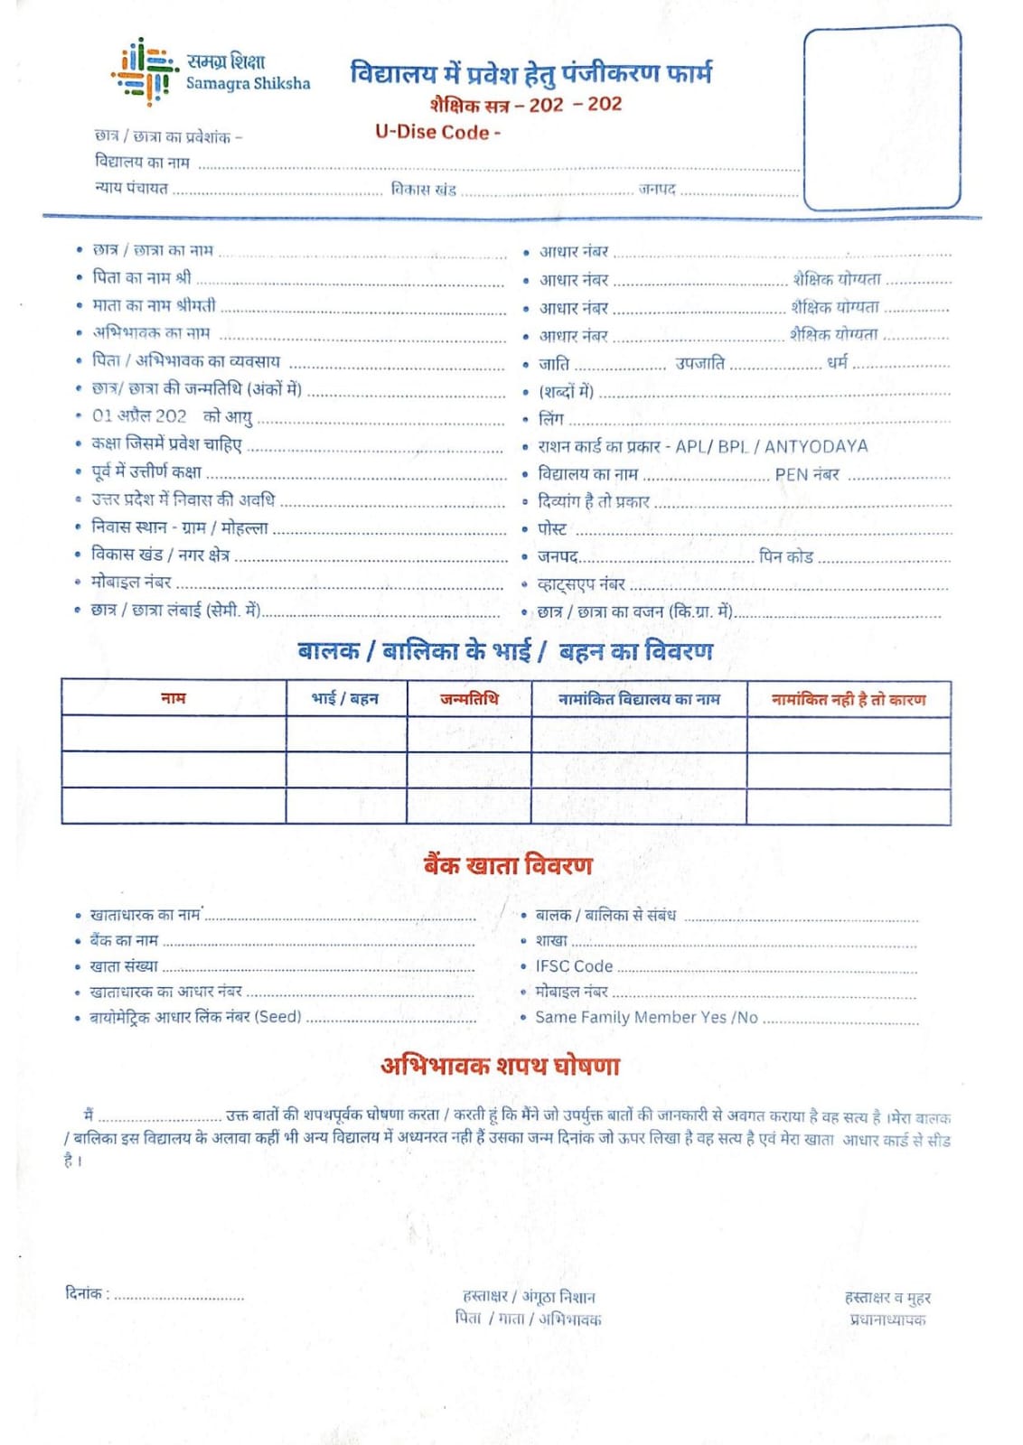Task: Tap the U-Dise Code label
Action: pos(437,132)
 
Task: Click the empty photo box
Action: pos(881,117)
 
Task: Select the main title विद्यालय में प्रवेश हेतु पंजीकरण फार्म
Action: pos(530,73)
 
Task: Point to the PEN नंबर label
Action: pos(807,474)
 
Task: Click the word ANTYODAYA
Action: pos(816,446)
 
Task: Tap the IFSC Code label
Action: pos(574,966)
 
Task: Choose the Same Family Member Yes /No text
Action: pos(646,1017)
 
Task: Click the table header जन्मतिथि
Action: pos(469,699)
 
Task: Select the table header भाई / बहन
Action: pos(345,699)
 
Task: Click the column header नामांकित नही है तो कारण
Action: pos(848,699)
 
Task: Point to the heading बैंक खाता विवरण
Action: pos(508,865)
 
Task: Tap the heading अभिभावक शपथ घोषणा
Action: pos(500,1066)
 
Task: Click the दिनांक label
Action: pos(87,1293)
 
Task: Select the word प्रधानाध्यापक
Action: pos(887,1319)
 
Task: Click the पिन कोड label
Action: pos(786,556)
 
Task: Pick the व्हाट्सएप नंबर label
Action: pos(581,584)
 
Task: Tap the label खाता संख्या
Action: pos(124,966)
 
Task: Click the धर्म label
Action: pos(838,363)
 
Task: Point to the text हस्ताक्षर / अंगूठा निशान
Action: pos(529,1297)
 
